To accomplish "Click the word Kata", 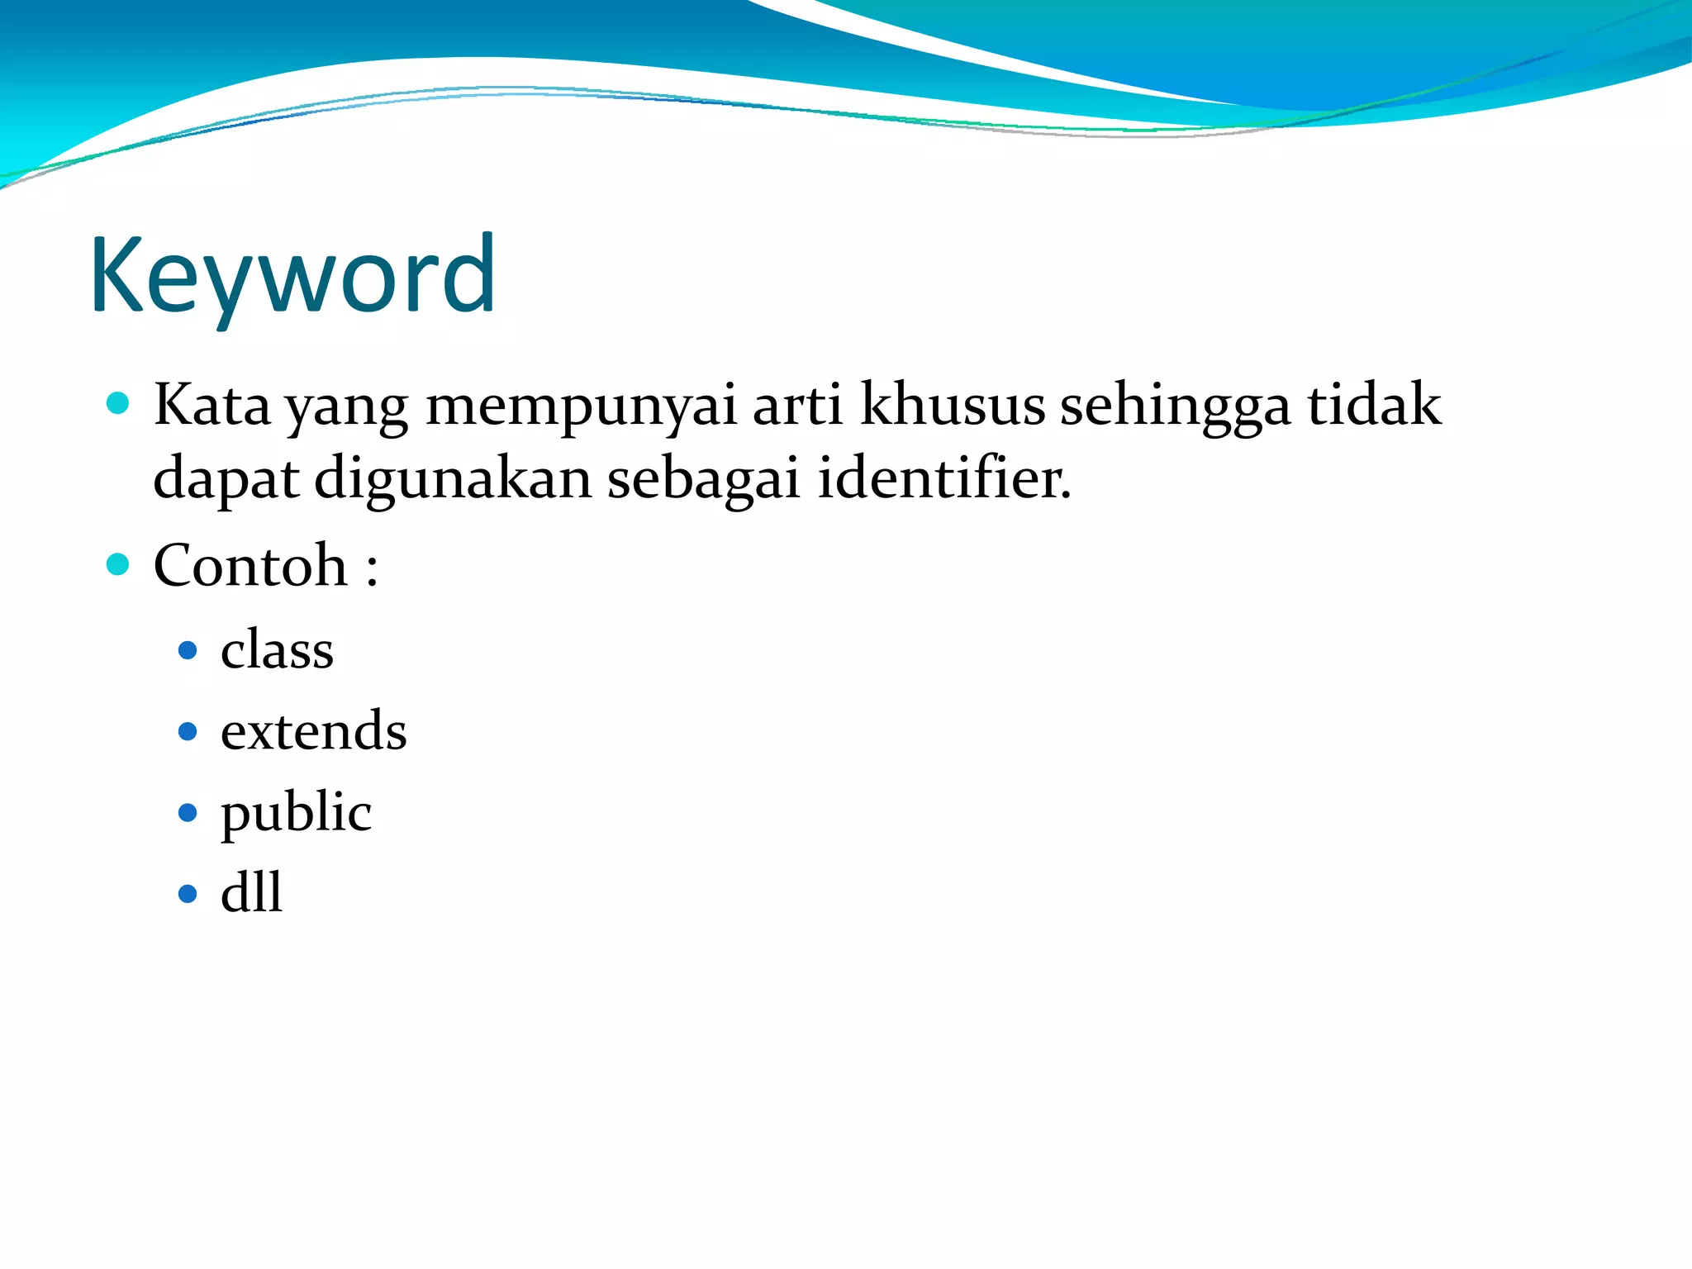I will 212,405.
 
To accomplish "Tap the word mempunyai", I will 580,406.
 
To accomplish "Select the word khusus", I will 953,405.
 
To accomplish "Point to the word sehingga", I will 1175,406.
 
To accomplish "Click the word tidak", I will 1374,405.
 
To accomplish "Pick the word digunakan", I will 453,479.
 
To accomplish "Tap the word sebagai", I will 704,479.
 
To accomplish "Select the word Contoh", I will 250,566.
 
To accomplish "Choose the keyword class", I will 277,649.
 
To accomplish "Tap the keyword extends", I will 314,731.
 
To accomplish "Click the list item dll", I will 251,893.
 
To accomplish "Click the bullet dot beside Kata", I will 118,403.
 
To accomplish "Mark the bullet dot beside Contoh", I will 118,565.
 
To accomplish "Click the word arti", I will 797,405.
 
